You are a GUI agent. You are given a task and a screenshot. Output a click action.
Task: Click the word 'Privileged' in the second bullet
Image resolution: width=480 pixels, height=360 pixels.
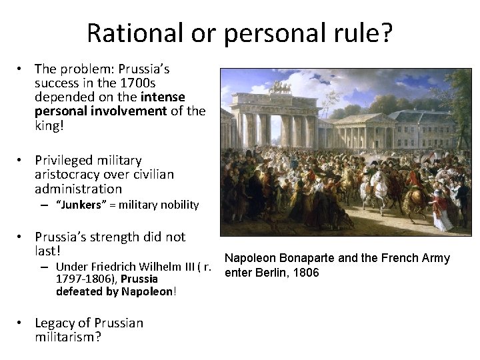pos(65,161)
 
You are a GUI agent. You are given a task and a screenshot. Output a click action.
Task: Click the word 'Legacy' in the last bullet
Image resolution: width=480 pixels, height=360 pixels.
pos(55,323)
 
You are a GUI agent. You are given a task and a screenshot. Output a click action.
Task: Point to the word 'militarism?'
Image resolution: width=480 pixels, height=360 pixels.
pos(67,337)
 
